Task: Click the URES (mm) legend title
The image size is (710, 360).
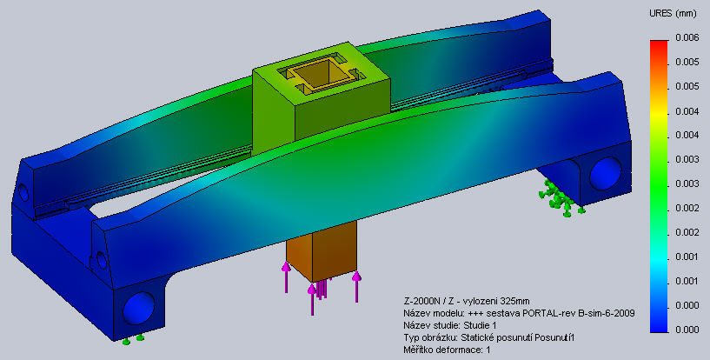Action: [673, 14]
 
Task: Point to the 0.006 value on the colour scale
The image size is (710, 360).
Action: [687, 37]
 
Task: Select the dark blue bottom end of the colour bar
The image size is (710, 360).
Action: [659, 329]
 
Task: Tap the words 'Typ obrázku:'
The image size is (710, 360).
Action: [429, 337]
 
